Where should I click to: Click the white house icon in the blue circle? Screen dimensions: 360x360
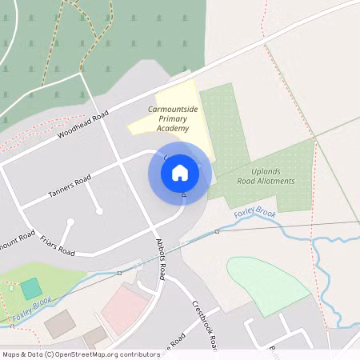[180, 172]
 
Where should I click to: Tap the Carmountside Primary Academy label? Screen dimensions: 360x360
[168, 118]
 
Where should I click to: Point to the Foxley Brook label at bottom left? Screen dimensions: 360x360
[32, 309]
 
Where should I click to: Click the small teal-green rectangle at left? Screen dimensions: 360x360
[31, 289]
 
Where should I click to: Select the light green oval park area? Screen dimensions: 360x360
[267, 284]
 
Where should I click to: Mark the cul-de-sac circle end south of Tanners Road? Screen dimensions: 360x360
[99, 211]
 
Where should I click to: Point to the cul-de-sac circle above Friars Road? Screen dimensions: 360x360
[70, 221]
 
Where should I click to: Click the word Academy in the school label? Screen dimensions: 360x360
[173, 128]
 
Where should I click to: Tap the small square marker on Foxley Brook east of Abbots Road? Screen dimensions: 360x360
[217, 231]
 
